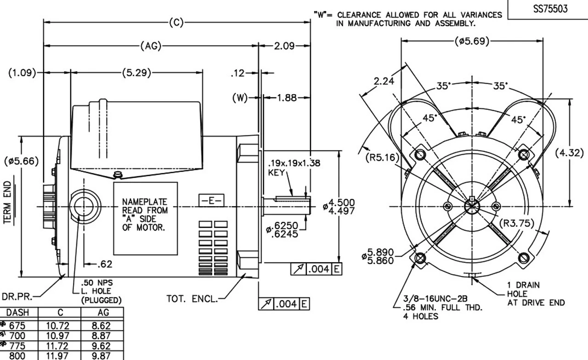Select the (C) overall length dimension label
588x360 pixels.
pos(176,22)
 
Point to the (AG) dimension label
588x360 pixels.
pos(150,46)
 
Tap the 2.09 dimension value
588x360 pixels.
pos(285,46)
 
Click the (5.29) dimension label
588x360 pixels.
pos(136,73)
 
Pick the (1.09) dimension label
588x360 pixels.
pos(22,73)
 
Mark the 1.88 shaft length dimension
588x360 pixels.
pos(287,97)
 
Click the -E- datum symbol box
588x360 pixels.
pos(211,201)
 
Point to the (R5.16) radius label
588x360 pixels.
pos(381,157)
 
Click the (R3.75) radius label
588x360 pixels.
pos(517,224)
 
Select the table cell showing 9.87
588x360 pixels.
pos(102,355)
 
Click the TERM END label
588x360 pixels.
pos(8,202)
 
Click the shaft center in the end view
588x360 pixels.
pos(472,206)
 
